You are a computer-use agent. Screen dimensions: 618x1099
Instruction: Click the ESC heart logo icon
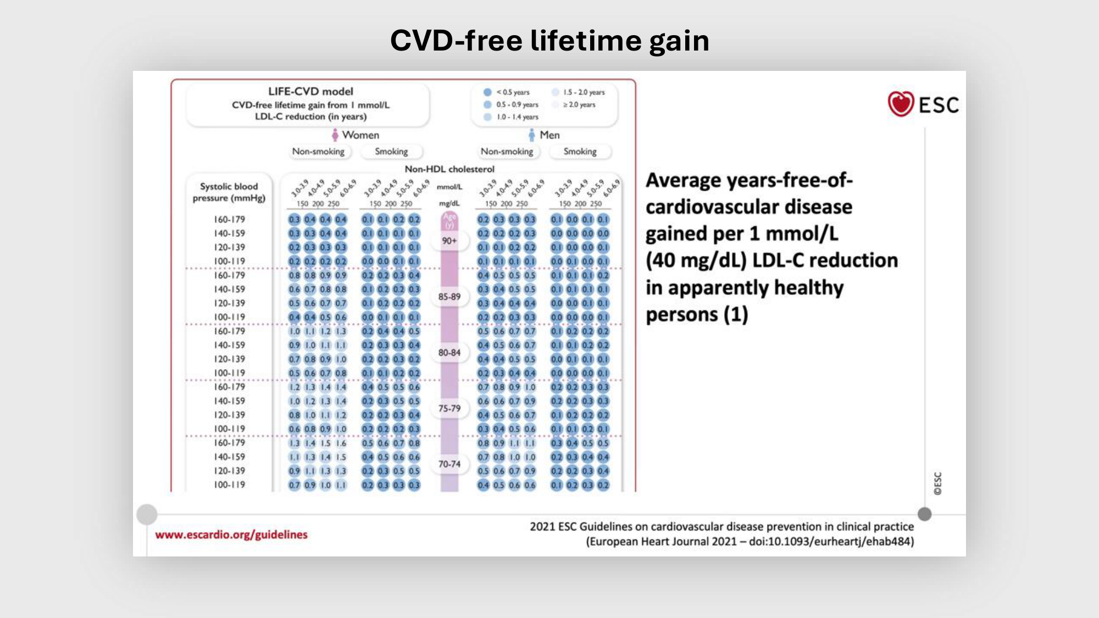pyautogui.click(x=901, y=104)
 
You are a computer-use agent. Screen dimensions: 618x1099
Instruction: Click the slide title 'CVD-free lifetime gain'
pyautogui.click(x=549, y=41)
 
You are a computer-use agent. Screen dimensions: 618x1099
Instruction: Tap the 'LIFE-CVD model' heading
pyautogui.click(x=310, y=92)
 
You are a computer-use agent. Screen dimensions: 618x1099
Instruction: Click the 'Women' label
pyautogui.click(x=360, y=135)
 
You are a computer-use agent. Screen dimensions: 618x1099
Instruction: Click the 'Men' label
pyautogui.click(x=549, y=135)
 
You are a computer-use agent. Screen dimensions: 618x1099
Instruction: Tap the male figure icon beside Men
pyautogui.click(x=531, y=135)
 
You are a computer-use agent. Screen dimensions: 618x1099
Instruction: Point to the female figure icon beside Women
pyautogui.click(x=335, y=135)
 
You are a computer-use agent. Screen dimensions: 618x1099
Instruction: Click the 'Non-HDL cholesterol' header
pyautogui.click(x=449, y=169)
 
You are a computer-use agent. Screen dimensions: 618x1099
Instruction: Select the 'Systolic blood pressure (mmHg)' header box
pyautogui.click(x=229, y=192)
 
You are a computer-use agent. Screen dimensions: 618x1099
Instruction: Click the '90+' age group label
pyautogui.click(x=449, y=241)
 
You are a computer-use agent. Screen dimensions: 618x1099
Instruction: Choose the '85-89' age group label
pyautogui.click(x=449, y=297)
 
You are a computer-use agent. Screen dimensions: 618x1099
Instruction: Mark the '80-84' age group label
pyautogui.click(x=449, y=353)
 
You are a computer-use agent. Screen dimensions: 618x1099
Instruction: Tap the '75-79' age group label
pyautogui.click(x=449, y=409)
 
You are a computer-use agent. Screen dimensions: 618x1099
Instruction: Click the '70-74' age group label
pyautogui.click(x=449, y=464)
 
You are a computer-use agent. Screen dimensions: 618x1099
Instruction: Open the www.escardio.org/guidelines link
pyautogui.click(x=231, y=535)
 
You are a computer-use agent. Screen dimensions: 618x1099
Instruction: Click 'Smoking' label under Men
pyautogui.click(x=580, y=152)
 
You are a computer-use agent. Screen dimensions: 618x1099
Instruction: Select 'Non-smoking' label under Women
pyautogui.click(x=318, y=152)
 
